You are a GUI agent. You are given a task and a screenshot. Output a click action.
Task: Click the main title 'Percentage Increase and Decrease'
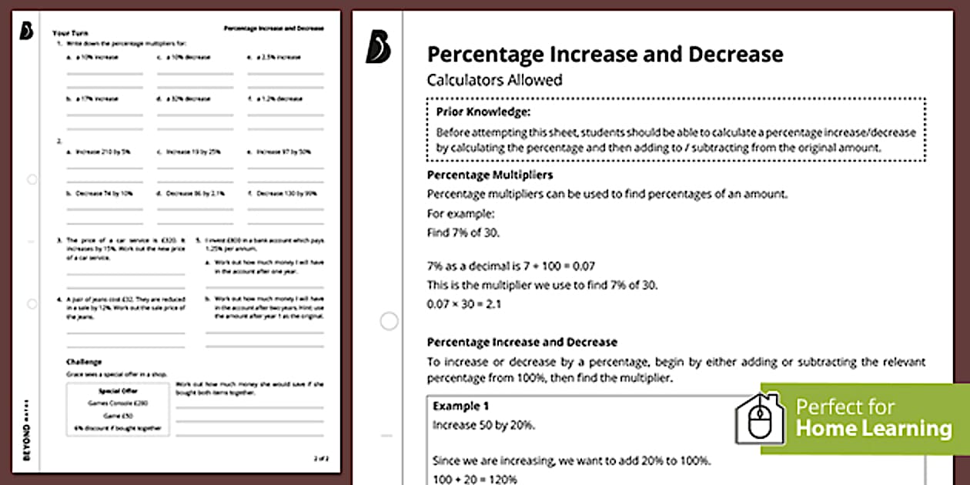(x=605, y=54)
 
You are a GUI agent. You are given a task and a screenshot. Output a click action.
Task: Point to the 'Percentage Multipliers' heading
(x=490, y=175)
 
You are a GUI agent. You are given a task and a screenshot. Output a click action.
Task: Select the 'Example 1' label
(x=461, y=406)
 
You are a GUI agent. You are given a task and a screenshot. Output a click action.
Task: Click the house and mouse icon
(x=759, y=420)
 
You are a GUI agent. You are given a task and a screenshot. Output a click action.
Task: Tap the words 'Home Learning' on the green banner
(x=873, y=429)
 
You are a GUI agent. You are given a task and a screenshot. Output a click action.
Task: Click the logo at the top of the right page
(x=378, y=48)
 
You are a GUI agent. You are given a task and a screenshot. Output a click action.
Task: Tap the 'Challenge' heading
(x=84, y=361)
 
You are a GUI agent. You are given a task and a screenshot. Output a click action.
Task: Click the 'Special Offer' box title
(x=118, y=390)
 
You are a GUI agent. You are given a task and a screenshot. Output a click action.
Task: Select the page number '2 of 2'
(x=321, y=459)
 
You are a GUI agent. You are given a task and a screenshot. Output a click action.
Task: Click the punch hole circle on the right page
(x=390, y=320)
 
